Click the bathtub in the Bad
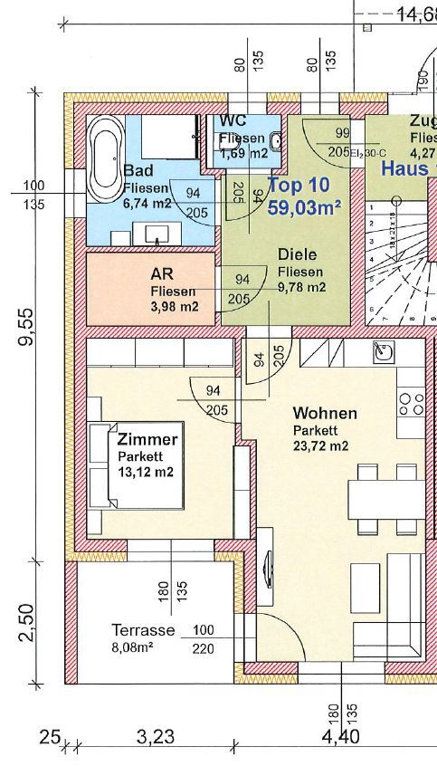click(106, 158)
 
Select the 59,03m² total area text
click(304, 208)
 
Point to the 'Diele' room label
click(298, 255)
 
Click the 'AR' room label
click(162, 274)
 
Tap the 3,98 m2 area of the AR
click(174, 306)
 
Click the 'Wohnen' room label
click(325, 413)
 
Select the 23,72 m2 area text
click(320, 445)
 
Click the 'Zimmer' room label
click(147, 439)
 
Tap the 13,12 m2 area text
click(146, 472)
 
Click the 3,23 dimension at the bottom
click(156, 738)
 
